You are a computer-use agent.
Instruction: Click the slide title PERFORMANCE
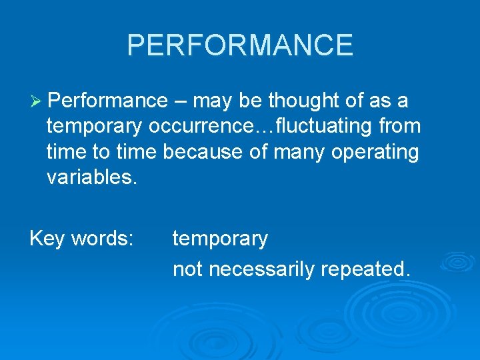click(240, 45)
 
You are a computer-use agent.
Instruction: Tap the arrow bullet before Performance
click(36, 101)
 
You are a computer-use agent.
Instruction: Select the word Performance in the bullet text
click(109, 101)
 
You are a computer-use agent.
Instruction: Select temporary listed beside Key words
click(220, 239)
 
